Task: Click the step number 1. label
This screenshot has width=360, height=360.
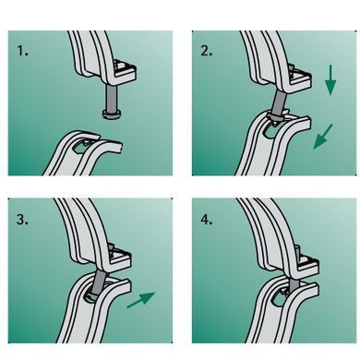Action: point(22,51)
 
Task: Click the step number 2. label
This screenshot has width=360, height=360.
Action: point(206,51)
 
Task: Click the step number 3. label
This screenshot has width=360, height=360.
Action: point(22,220)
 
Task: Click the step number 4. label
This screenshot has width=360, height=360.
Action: point(207,220)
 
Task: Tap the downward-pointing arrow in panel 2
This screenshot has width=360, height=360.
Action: point(330,80)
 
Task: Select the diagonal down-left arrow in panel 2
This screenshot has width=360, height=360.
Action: point(323,137)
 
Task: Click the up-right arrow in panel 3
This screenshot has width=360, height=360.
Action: point(141,300)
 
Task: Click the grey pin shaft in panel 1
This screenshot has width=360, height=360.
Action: point(111,98)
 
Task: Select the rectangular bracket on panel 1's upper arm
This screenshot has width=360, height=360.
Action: point(124,72)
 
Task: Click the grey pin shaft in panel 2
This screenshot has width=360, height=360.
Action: point(279,102)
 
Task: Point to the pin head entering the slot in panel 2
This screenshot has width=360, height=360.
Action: point(275,118)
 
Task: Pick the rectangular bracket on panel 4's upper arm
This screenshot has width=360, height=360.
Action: point(307,263)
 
